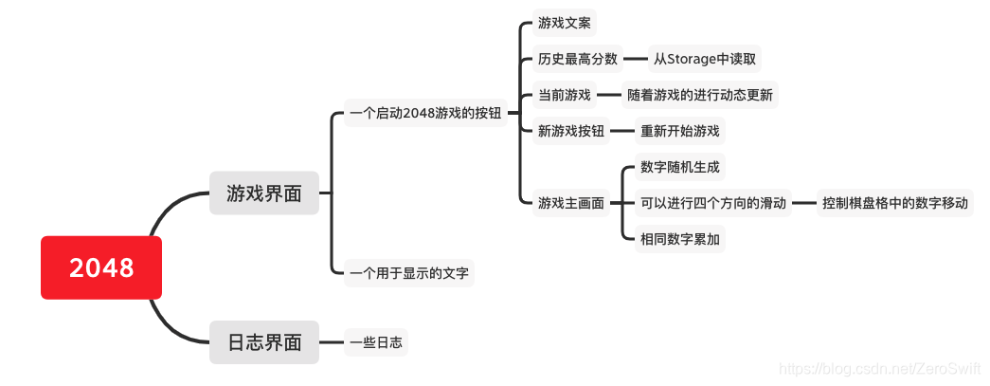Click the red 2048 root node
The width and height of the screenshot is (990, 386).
(x=101, y=267)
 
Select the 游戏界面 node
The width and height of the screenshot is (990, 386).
(x=264, y=193)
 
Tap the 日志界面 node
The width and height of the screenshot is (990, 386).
(x=264, y=342)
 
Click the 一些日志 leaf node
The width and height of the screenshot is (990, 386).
(x=376, y=342)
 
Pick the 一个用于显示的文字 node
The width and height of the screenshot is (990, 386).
(x=409, y=273)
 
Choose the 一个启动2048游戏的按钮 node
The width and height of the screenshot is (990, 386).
(x=425, y=114)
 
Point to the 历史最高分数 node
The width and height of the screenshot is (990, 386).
(x=578, y=59)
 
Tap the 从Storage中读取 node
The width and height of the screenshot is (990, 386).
(x=704, y=59)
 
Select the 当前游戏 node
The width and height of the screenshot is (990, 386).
(x=565, y=95)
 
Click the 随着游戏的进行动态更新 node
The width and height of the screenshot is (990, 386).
(x=700, y=95)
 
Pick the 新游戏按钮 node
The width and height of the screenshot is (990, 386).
(x=571, y=131)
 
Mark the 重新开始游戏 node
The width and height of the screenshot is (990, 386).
(x=680, y=131)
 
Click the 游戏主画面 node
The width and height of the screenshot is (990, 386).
(x=571, y=203)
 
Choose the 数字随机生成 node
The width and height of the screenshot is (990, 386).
(x=680, y=167)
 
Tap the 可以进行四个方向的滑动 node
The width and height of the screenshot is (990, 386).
(x=713, y=203)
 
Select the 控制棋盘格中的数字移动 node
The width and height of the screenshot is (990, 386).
(x=895, y=203)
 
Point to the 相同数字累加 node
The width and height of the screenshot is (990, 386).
(x=680, y=239)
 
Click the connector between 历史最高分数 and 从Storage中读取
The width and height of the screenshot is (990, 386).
(x=636, y=59)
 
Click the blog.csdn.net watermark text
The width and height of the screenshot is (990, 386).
(x=877, y=367)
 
